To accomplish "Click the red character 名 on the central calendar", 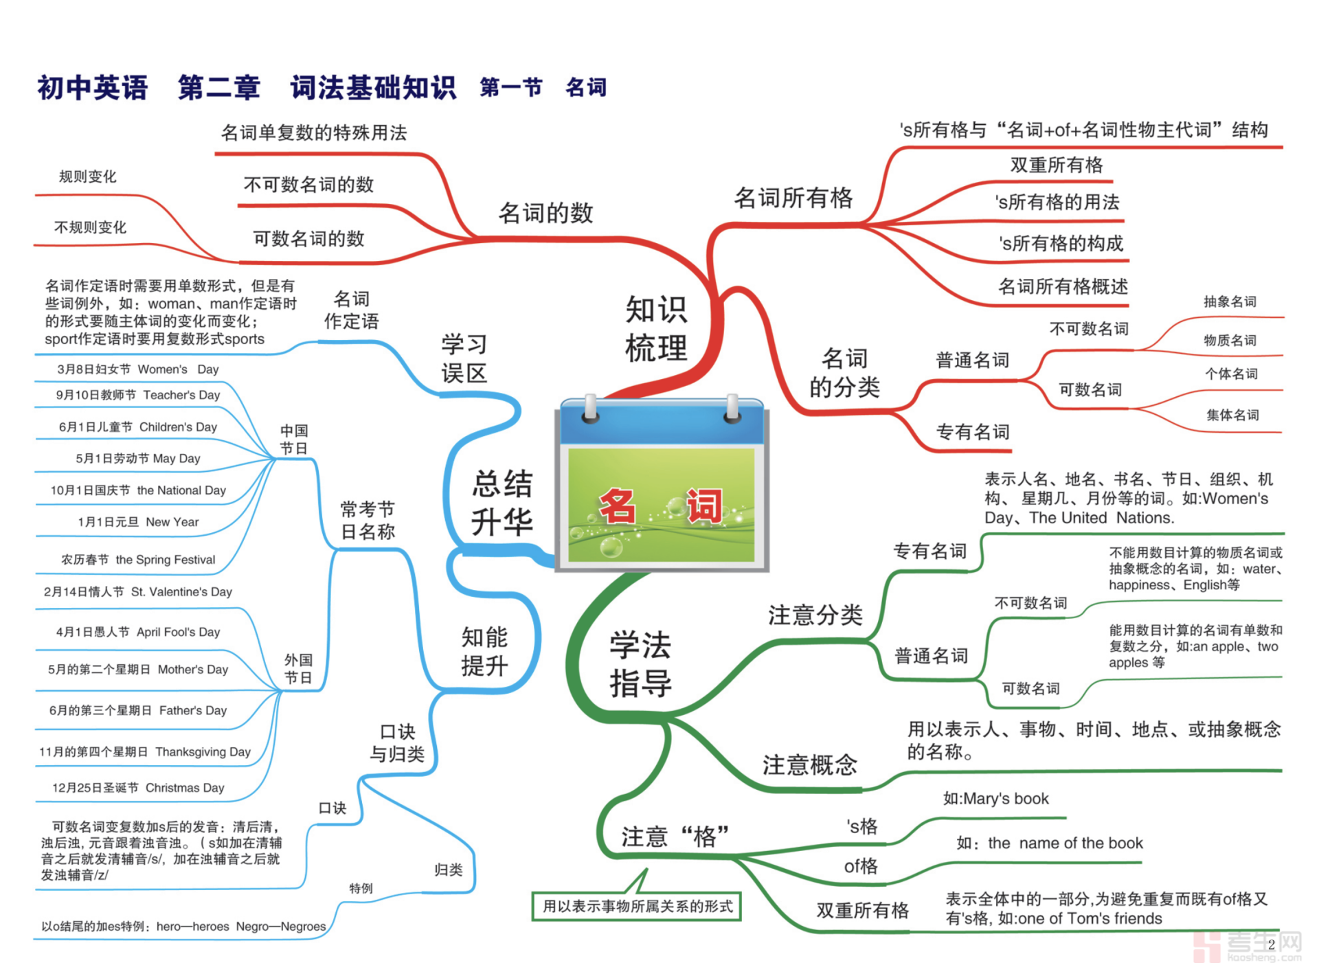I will point(617,506).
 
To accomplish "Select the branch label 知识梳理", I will point(655,328).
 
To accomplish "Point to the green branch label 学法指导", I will point(640,663).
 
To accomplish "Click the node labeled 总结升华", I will point(502,503).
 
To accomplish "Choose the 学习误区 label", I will point(464,358).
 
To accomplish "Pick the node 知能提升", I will point(484,651).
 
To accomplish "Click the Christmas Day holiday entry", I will point(138,788).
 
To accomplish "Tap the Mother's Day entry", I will point(137,670).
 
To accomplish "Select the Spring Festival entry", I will point(138,560).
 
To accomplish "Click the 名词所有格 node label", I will point(793,198).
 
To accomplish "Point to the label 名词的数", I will point(545,213).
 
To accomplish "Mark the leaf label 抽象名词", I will point(1230,302).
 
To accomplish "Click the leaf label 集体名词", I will point(1232,415).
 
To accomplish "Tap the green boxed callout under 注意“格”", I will point(637,907).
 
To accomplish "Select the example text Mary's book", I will point(996,799).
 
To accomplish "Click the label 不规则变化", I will point(90,227).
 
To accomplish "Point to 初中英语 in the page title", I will point(93,88).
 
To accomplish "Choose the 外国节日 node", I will point(298,669).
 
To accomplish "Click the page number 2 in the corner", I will point(1271,945).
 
